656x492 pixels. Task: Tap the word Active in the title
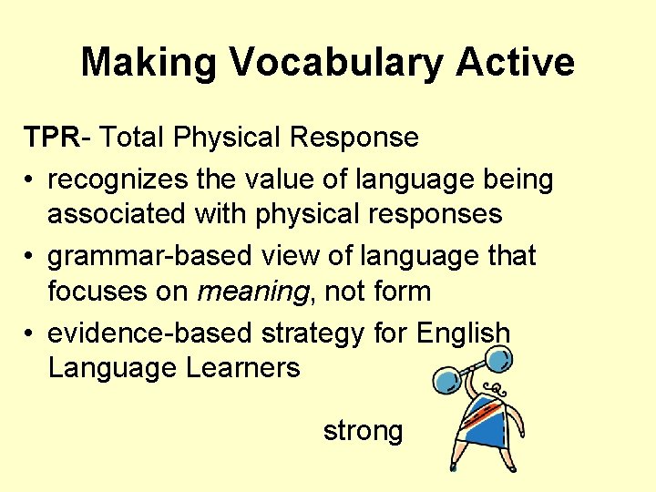(516, 63)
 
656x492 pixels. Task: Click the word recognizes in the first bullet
(117, 179)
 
